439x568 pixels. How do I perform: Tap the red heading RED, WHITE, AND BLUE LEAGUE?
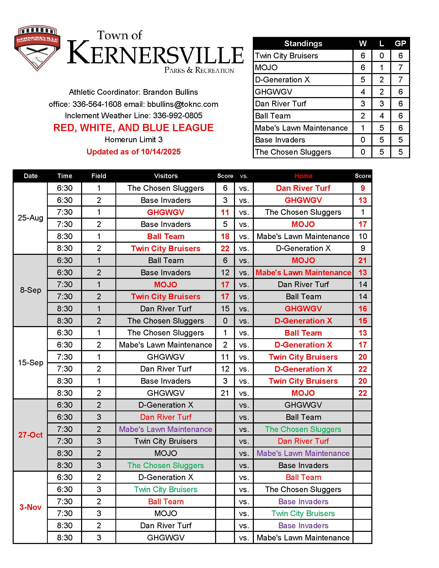[x=133, y=128]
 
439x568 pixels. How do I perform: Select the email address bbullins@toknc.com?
[x=183, y=104]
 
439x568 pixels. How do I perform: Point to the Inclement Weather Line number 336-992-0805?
[x=177, y=115]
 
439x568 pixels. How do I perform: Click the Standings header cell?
[x=303, y=43]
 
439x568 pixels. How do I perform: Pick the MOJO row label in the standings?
[x=266, y=68]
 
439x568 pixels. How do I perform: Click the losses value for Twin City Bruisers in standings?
[x=381, y=56]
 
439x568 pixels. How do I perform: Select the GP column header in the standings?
[x=400, y=43]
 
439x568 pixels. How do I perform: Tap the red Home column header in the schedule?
[x=303, y=176]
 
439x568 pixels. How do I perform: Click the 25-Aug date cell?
[x=30, y=218]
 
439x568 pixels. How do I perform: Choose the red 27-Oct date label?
[x=30, y=435]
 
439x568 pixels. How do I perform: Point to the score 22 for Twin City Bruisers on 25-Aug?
[x=225, y=248]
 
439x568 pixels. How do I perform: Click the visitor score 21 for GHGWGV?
[x=225, y=393]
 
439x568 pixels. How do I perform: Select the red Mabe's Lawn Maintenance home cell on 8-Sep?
[x=303, y=273]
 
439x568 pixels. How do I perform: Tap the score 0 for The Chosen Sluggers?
[x=225, y=321]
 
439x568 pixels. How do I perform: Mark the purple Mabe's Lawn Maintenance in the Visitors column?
[x=166, y=429]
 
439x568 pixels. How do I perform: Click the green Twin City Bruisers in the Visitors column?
[x=166, y=490]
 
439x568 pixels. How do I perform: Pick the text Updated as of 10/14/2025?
[x=134, y=152]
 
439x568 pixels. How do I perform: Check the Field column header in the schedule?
[x=99, y=176]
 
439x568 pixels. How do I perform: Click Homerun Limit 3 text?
[x=134, y=140]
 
